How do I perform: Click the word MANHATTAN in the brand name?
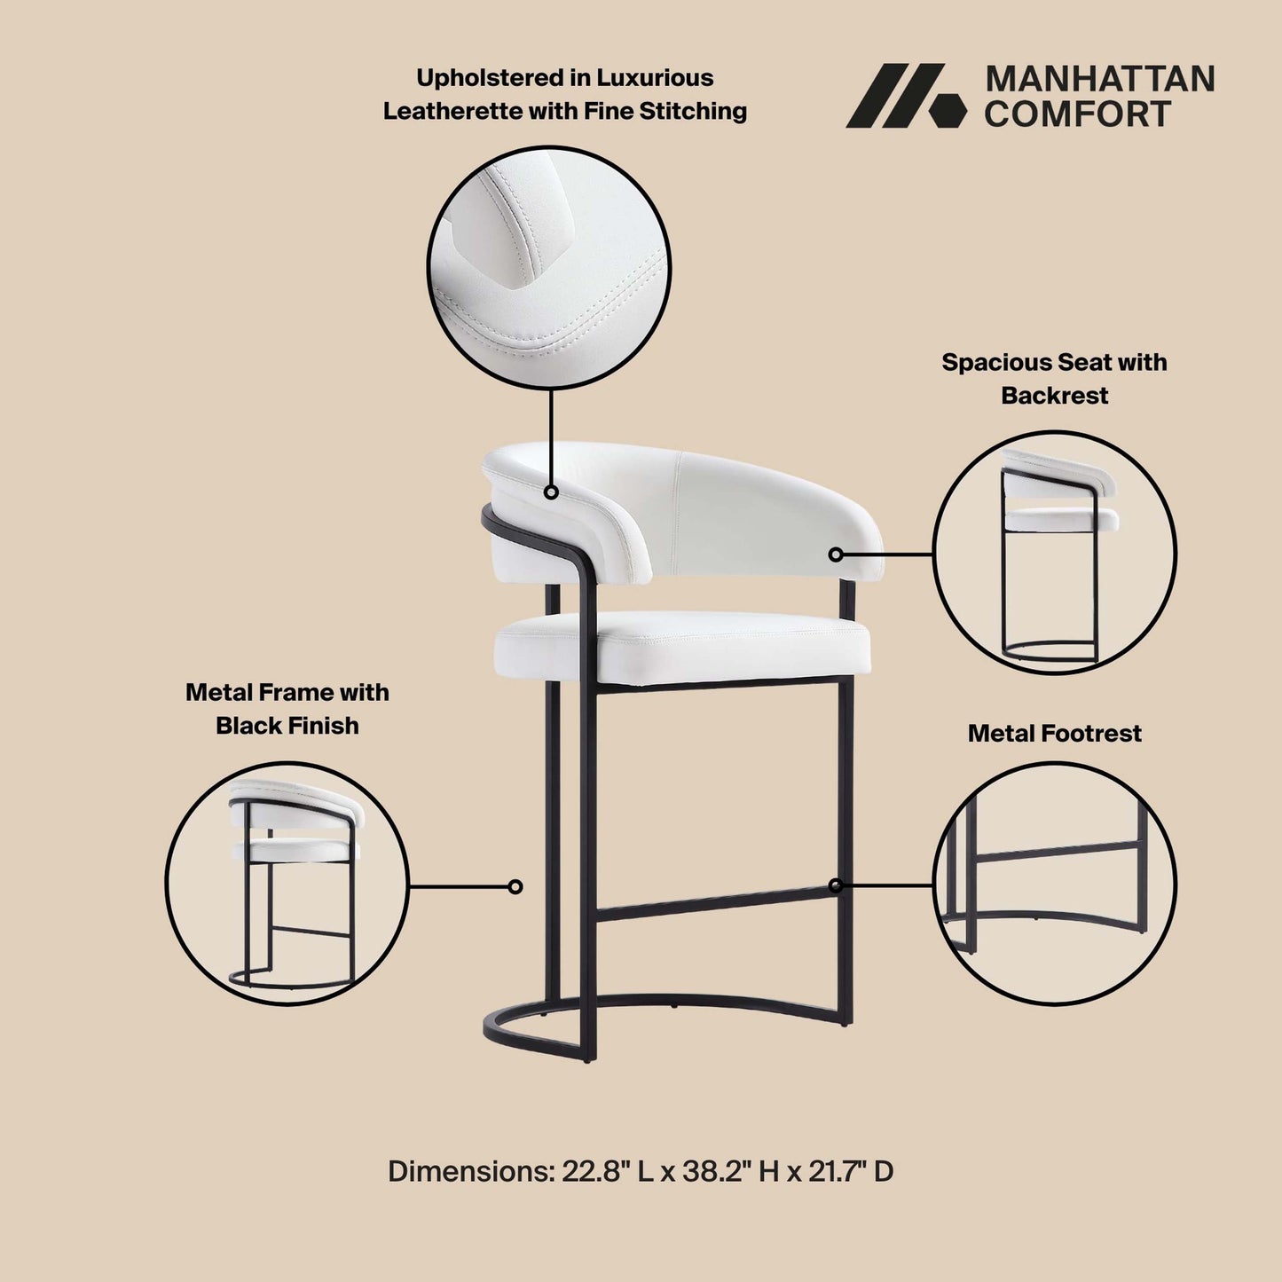1099,79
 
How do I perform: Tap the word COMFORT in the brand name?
1077,114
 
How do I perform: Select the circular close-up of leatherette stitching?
549,267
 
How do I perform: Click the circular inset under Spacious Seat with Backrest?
1054,553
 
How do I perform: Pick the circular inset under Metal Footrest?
1054,884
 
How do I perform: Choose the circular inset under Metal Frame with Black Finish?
287,884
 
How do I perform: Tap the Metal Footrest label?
1054,733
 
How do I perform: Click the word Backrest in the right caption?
1054,395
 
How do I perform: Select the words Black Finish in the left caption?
287,726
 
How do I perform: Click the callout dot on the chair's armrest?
551,492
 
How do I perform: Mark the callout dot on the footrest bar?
835,885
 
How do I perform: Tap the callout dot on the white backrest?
835,554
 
